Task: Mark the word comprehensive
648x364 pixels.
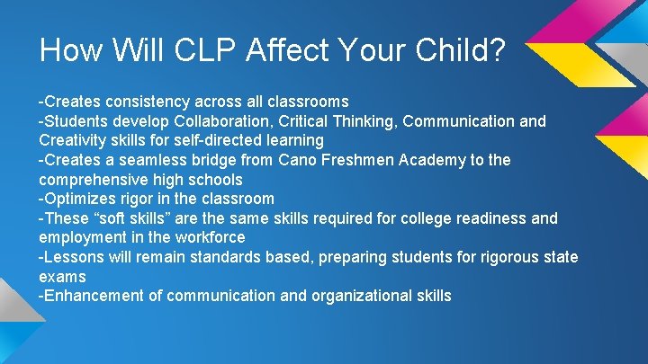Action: pyautogui.click(x=93, y=180)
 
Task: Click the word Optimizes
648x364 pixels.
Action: pyautogui.click(x=77, y=199)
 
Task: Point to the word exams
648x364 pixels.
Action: pyautogui.click(x=62, y=277)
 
